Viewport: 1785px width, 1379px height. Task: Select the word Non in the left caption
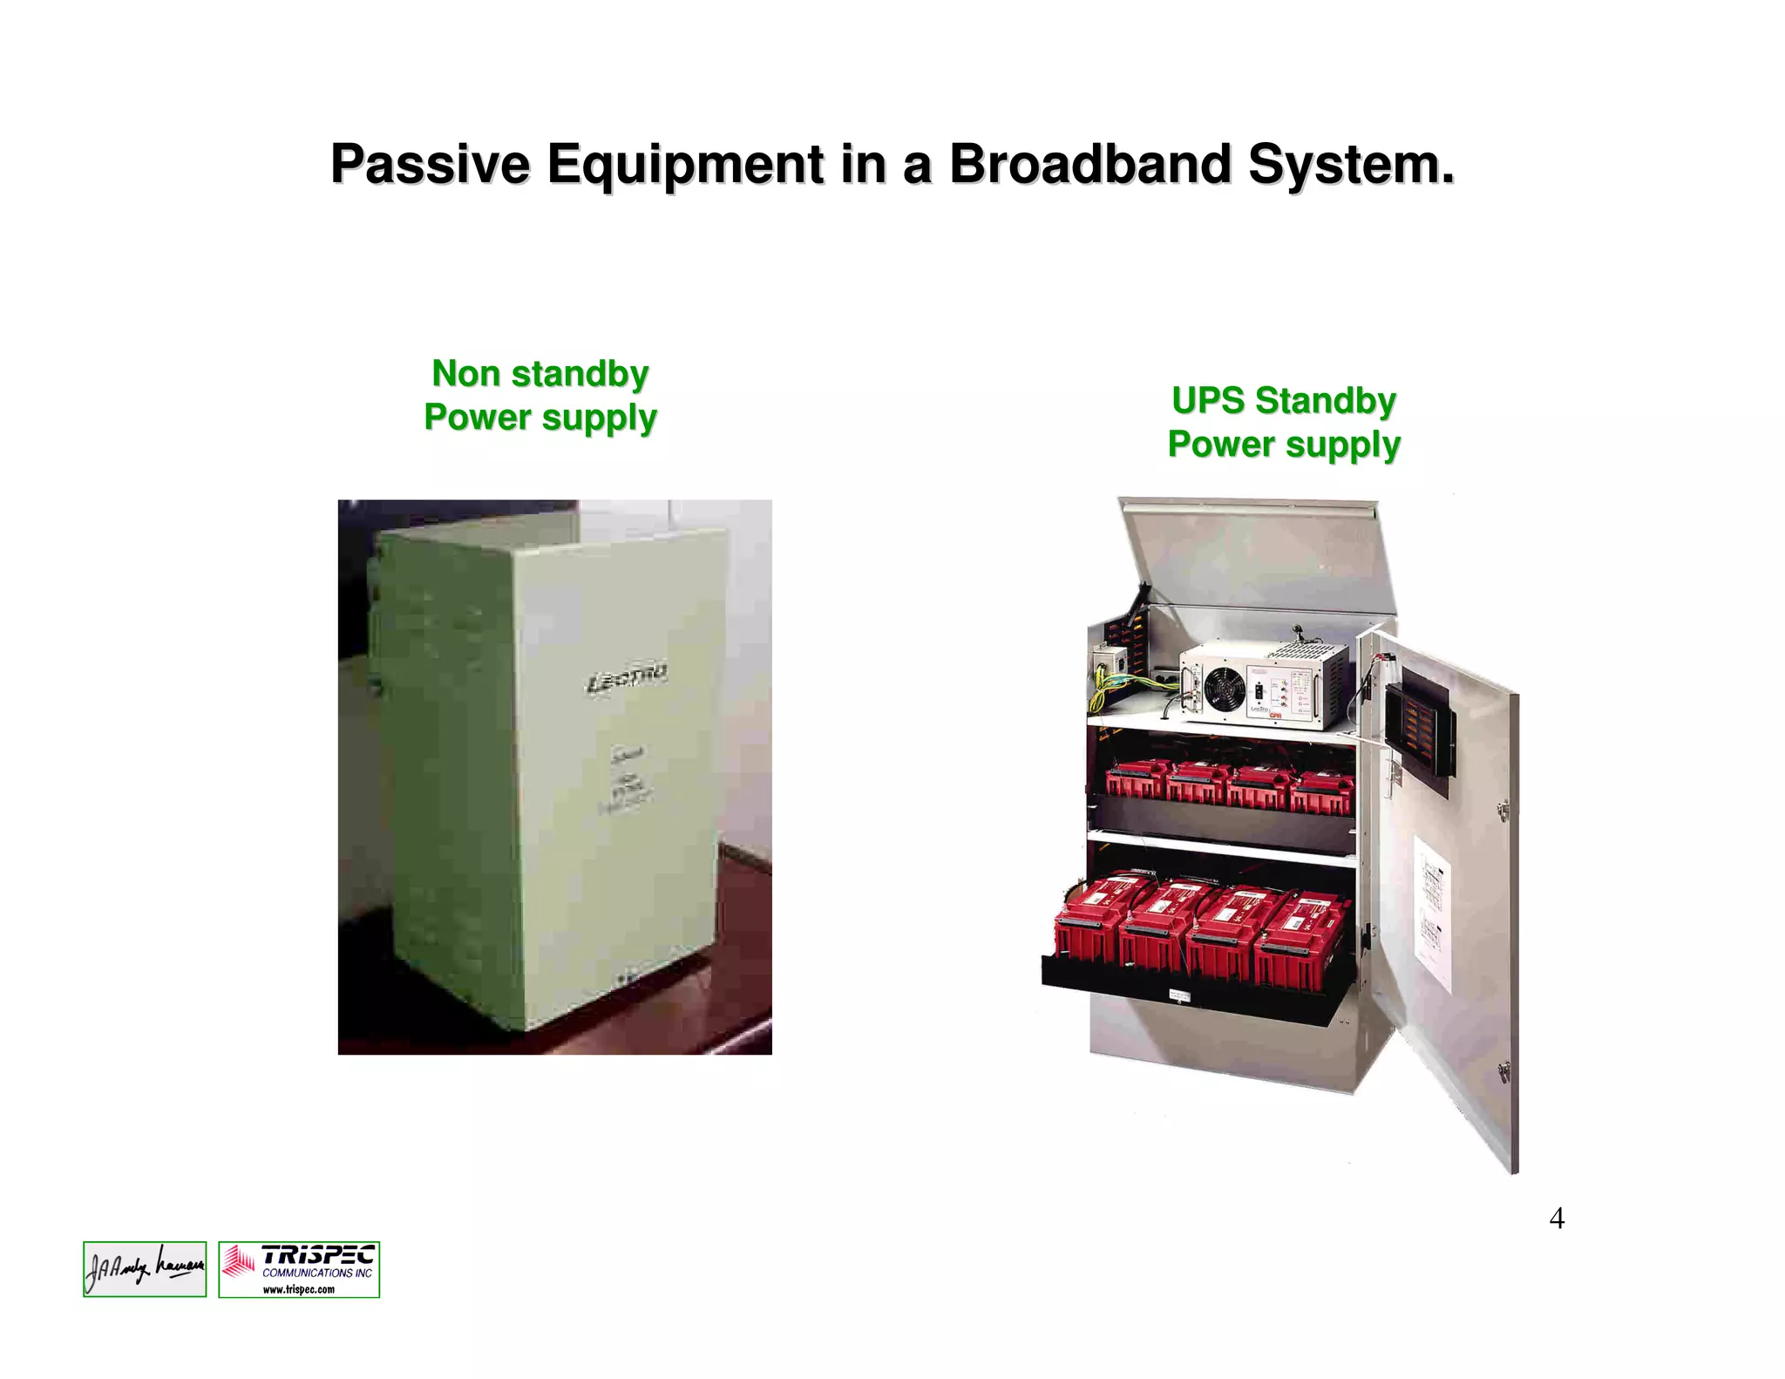(x=465, y=374)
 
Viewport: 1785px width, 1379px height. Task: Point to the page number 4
(x=1557, y=1218)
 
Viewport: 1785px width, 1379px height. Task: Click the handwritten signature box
(x=145, y=1269)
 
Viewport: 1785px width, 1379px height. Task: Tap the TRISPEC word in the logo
(x=317, y=1255)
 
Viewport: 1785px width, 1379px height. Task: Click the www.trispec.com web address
(x=299, y=1289)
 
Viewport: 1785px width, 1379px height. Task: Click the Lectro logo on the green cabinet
(x=626, y=679)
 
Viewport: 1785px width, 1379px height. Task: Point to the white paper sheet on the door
(x=1431, y=911)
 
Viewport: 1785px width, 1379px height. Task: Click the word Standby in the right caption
(x=1325, y=401)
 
